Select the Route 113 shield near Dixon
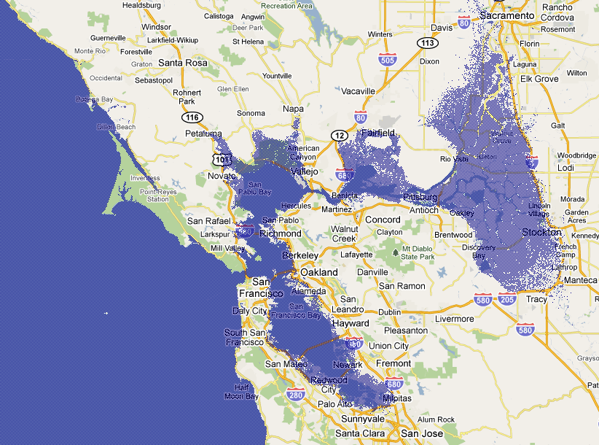[x=428, y=44]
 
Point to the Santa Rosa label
[x=182, y=63]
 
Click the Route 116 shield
[x=192, y=117]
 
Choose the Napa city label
[x=293, y=109]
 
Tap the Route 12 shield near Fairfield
[x=339, y=136]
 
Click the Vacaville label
[x=358, y=91]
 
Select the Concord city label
[x=383, y=220]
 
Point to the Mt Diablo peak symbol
[x=396, y=252]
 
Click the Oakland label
[x=319, y=272]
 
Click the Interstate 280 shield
[x=295, y=395]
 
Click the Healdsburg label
[x=142, y=5]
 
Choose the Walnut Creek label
[x=344, y=233]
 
